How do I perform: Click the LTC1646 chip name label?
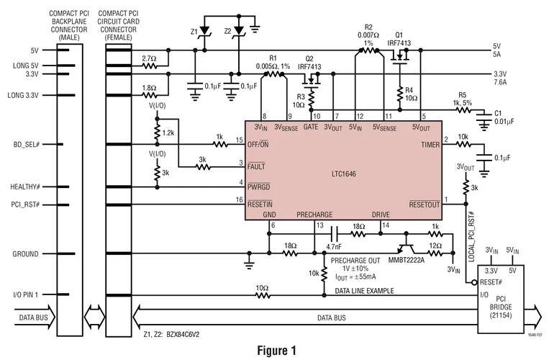tap(343, 174)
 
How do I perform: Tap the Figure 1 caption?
tap(277, 350)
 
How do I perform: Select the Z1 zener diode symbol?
tap(204, 31)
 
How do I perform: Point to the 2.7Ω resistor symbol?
tap(150, 66)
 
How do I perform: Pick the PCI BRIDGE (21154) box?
tap(501, 299)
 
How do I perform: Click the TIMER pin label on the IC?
tap(430, 145)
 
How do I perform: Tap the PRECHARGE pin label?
tap(314, 215)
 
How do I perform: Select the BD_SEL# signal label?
tap(27, 144)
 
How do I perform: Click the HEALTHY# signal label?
tap(25, 186)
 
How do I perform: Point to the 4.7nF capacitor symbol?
tap(334, 234)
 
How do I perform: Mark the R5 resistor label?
tap(462, 95)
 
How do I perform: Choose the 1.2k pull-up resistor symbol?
tap(158, 132)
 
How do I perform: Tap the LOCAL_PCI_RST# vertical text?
tap(471, 237)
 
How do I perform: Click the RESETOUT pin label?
tap(424, 204)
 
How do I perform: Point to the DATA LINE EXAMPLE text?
tap(364, 291)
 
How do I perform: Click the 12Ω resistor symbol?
tap(435, 253)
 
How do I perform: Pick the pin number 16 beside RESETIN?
tap(240, 200)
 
